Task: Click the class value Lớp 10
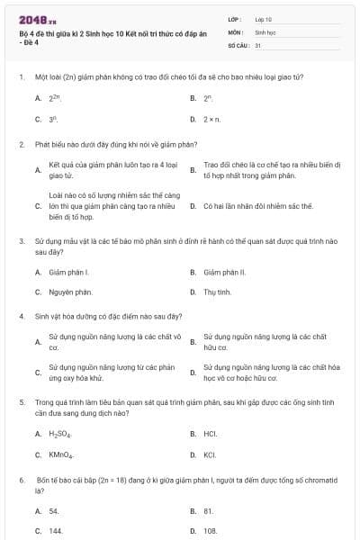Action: [x=264, y=18]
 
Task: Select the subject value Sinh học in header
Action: [x=264, y=31]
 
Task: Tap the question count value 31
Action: [x=258, y=43]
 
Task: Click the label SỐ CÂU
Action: [x=238, y=43]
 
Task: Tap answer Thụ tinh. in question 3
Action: [x=217, y=292]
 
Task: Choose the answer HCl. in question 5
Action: [x=211, y=434]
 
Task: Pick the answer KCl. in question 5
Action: [x=211, y=454]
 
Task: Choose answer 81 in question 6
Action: [x=208, y=510]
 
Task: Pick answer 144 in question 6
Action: [x=56, y=531]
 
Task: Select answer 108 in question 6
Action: [x=210, y=531]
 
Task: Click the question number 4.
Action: [x=21, y=317]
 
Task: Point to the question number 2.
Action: [x=21, y=144]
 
